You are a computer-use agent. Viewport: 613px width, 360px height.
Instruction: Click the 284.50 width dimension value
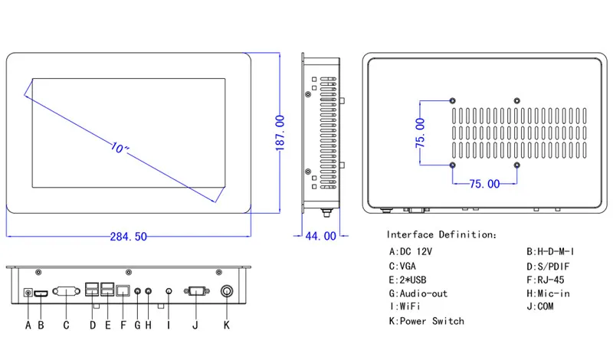coord(128,237)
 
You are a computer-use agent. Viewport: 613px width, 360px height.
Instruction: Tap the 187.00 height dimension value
coord(280,133)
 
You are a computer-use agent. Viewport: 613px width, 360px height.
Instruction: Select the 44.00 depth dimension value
coord(320,236)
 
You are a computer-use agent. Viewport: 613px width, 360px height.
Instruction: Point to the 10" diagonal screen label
coord(120,148)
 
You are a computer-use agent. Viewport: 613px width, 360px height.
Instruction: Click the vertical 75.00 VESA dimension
coord(420,133)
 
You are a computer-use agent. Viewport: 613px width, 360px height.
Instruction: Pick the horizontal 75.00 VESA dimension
coord(484,184)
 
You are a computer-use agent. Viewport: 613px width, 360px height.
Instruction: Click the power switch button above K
coord(227,291)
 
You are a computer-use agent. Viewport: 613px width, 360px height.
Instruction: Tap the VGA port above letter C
coord(66,291)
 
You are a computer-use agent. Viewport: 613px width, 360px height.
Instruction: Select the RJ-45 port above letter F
coord(123,291)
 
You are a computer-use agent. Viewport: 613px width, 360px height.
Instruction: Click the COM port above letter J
coord(196,291)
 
